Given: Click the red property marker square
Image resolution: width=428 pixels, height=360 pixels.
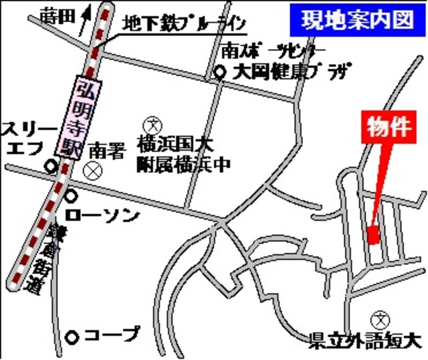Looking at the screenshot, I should pyautogui.click(x=373, y=236).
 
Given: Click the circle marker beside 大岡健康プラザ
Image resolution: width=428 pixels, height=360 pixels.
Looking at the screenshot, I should pyautogui.click(x=221, y=74).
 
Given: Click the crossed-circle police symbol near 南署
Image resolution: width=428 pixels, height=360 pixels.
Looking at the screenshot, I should pyautogui.click(x=90, y=171).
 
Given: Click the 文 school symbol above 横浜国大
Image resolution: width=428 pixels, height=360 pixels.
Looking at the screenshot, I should pyautogui.click(x=151, y=124).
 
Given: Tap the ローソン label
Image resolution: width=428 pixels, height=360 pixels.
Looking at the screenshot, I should pyautogui.click(x=103, y=215).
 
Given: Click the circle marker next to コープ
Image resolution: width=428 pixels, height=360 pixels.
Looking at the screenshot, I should pyautogui.click(x=73, y=335).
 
